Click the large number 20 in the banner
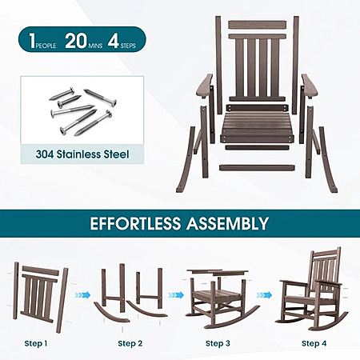point(76,41)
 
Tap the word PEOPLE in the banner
point(46,46)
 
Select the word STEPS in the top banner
point(128,46)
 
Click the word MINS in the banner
point(95,46)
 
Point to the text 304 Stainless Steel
point(82,154)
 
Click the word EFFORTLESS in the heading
point(135,223)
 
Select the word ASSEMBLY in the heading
point(227,223)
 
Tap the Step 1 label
point(36,343)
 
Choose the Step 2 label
point(130,343)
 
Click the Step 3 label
point(218,343)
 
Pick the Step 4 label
point(314,343)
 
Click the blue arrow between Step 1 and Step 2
point(82,295)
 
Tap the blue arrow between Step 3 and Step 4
point(264,295)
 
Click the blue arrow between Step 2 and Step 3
point(176,295)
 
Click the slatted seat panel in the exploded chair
point(257,126)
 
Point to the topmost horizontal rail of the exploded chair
point(258,24)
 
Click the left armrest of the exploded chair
point(205,86)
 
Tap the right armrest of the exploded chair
point(310,86)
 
